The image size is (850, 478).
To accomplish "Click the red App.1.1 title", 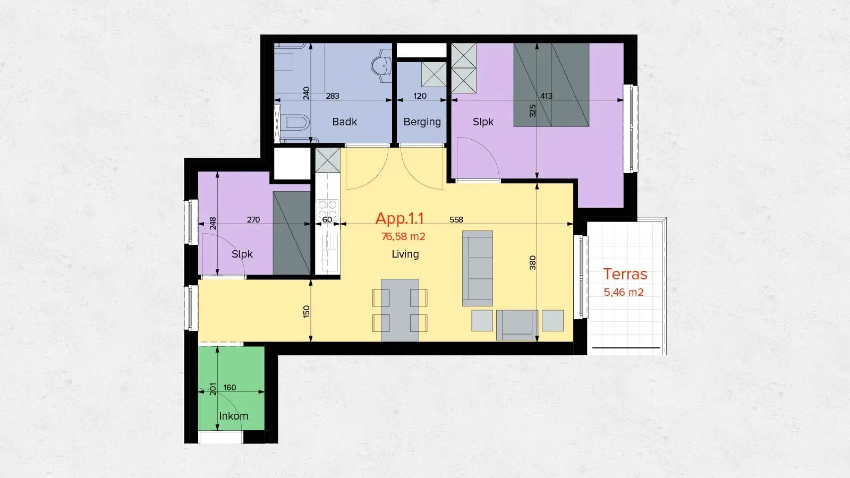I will (399, 218).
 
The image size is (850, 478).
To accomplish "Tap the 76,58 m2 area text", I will (403, 236).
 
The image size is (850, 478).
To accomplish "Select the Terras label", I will (625, 274).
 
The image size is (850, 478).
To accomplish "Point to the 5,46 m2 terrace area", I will (623, 292).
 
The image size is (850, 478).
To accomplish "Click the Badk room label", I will (344, 122).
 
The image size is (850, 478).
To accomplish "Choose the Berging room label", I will (422, 122).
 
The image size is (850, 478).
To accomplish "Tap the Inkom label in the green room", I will (233, 416).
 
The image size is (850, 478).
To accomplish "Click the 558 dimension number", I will (456, 219).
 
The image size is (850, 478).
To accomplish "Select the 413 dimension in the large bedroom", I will (546, 96).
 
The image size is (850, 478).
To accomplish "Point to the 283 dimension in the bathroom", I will (332, 96).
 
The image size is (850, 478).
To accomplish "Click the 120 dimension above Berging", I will (420, 96).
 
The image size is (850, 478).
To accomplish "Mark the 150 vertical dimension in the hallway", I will (306, 311).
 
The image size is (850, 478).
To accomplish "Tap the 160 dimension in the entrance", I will (229, 388).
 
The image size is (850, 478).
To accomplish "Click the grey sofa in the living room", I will (477, 268).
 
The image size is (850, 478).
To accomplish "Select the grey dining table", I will (399, 310).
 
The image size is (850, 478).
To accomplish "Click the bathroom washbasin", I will (382, 66).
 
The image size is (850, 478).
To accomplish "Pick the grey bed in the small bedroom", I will (291, 233).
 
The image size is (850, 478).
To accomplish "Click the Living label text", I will (405, 254).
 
